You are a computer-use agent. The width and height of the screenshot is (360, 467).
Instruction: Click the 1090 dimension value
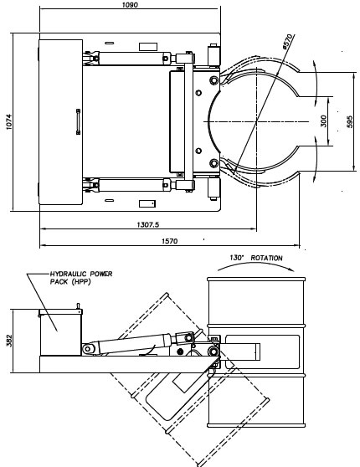point(130,5)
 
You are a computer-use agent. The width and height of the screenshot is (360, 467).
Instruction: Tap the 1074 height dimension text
point(8,121)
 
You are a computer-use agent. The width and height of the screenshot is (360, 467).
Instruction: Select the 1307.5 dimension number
point(148,224)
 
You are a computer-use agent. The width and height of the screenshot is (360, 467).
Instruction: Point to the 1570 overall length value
point(169,241)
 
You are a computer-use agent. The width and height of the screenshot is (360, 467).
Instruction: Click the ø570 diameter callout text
point(288,42)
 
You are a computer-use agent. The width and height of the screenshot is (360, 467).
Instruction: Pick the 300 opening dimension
point(324,121)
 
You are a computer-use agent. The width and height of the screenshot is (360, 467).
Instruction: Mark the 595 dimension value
point(350,122)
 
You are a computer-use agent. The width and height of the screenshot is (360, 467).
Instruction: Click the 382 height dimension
point(9,341)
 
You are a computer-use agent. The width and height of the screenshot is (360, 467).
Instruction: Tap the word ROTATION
point(266,258)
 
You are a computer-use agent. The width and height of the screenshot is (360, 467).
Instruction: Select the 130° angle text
point(237,257)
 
